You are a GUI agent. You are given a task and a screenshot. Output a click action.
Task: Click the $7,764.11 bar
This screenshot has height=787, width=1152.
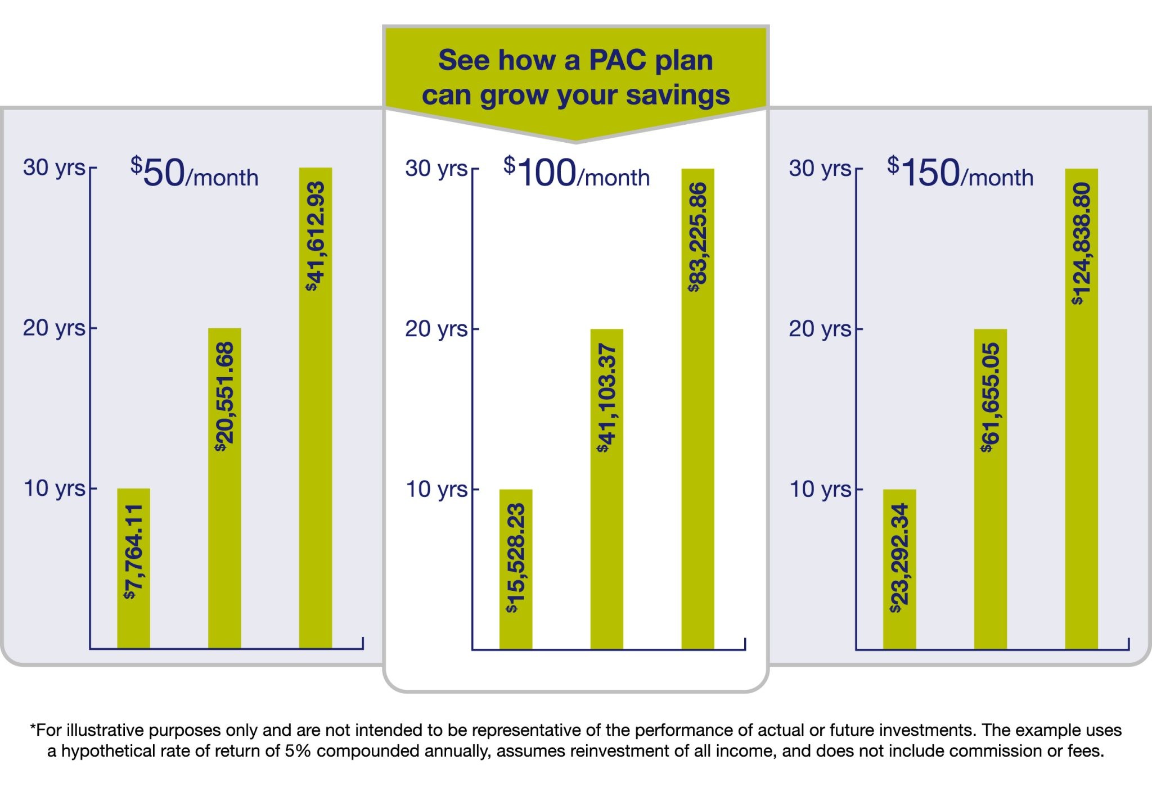(133, 568)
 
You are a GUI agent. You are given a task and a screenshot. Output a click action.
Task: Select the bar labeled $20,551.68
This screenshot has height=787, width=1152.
(224, 488)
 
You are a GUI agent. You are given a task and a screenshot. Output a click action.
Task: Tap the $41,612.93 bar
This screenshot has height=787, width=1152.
(315, 408)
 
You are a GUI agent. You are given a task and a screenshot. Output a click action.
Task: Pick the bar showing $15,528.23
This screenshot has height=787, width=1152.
(516, 569)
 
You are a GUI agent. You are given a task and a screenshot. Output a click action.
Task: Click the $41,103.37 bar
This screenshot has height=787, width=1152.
(606, 489)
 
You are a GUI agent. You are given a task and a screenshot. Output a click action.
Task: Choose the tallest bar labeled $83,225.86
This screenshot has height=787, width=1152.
(697, 409)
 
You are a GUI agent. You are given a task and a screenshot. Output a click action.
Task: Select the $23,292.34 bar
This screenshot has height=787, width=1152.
(899, 569)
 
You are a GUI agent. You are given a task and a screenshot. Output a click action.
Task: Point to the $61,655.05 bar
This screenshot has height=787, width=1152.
(990, 489)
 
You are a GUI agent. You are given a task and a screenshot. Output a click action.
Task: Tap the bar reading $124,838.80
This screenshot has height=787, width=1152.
(1081, 409)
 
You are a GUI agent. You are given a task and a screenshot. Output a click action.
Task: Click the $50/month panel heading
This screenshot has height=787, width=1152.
(194, 173)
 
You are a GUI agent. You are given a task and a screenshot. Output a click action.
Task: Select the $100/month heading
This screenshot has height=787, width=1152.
(576, 173)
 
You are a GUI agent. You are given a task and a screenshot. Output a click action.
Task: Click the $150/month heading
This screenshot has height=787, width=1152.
(960, 173)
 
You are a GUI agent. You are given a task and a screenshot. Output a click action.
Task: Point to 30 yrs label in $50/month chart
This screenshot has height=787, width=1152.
(54, 168)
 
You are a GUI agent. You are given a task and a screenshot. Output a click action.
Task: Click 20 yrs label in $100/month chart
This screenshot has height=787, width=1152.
(436, 329)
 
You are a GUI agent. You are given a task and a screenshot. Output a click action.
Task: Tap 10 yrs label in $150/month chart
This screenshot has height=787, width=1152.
(820, 490)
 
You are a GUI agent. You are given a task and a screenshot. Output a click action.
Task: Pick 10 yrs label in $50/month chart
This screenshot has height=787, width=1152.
(54, 489)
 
